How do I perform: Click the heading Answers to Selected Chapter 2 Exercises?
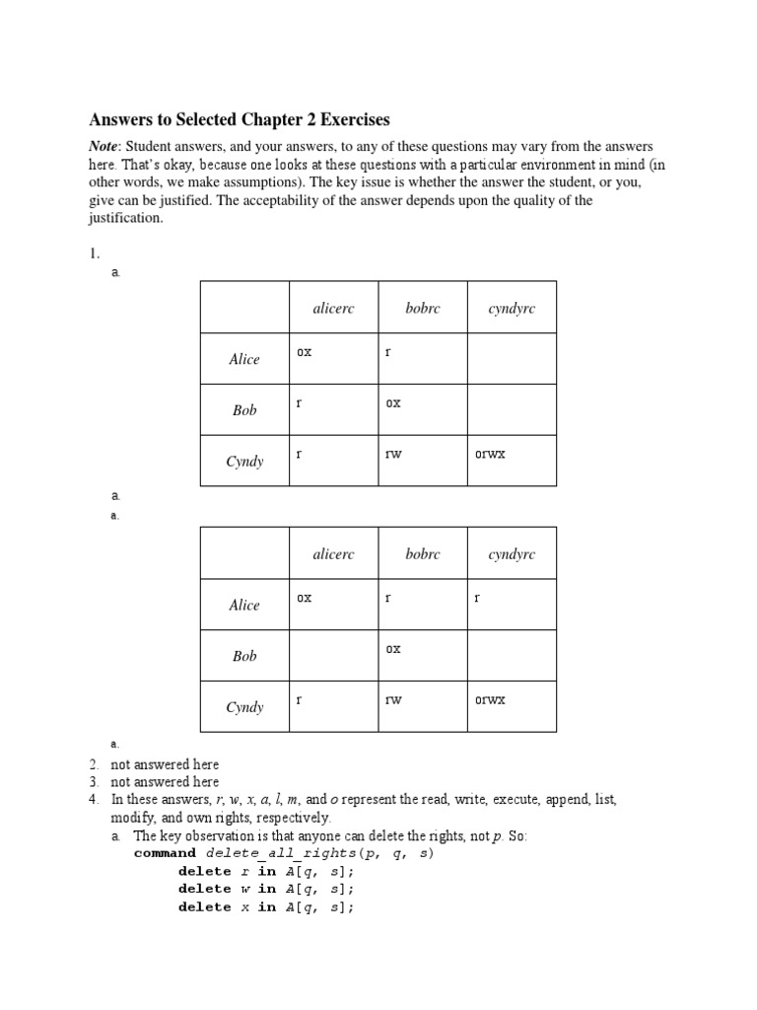point(240,119)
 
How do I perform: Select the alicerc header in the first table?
point(333,309)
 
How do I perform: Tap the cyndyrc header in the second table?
point(512,554)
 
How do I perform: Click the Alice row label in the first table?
point(244,359)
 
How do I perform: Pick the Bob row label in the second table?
point(244,656)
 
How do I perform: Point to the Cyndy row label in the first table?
point(244,461)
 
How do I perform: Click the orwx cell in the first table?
point(490,454)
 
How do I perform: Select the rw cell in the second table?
point(394,699)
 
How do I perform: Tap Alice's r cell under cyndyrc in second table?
point(477,598)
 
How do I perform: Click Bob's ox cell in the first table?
point(393,402)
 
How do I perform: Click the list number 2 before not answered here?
point(94,764)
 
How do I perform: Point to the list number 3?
point(94,781)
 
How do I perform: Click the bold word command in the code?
point(167,853)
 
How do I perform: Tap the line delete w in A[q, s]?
point(265,889)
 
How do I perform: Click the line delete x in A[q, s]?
point(265,906)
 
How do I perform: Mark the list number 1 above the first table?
point(94,253)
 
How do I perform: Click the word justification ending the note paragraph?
point(124,218)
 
